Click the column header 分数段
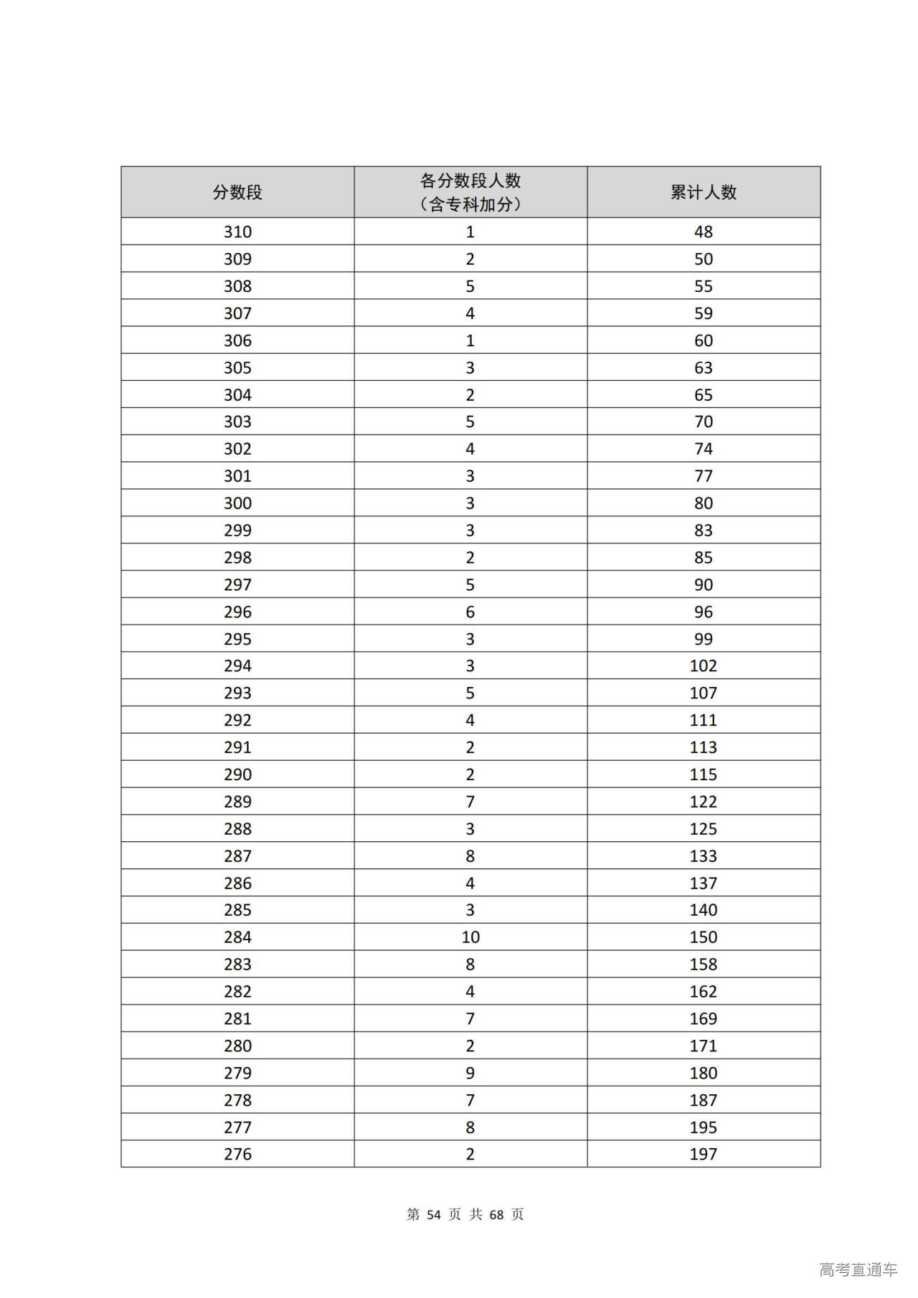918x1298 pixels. pyautogui.click(x=237, y=192)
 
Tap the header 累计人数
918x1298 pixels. pyautogui.click(x=703, y=192)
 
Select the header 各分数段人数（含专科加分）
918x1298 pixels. pyautogui.click(x=470, y=192)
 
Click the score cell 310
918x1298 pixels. pyautogui.click(x=237, y=232)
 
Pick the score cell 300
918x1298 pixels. pyautogui.click(x=237, y=503)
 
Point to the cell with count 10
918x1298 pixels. pyautogui.click(x=470, y=937)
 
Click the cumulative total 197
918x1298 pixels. pyautogui.click(x=703, y=1154)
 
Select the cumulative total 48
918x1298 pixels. pyautogui.click(x=703, y=232)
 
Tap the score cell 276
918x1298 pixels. pyautogui.click(x=237, y=1154)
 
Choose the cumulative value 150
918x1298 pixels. pyautogui.click(x=703, y=937)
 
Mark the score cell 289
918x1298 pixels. pyautogui.click(x=237, y=802)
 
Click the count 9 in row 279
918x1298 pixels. pyautogui.click(x=470, y=1073)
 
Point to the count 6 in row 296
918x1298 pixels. pyautogui.click(x=470, y=612)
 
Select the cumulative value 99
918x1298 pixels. pyautogui.click(x=703, y=639)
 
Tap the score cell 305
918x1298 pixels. pyautogui.click(x=237, y=368)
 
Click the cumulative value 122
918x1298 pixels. pyautogui.click(x=703, y=802)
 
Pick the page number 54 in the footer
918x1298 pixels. pyautogui.click(x=433, y=1214)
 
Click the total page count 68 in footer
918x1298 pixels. pyautogui.click(x=496, y=1214)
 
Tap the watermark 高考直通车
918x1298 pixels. pyautogui.click(x=858, y=1269)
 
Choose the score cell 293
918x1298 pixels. pyautogui.click(x=237, y=693)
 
